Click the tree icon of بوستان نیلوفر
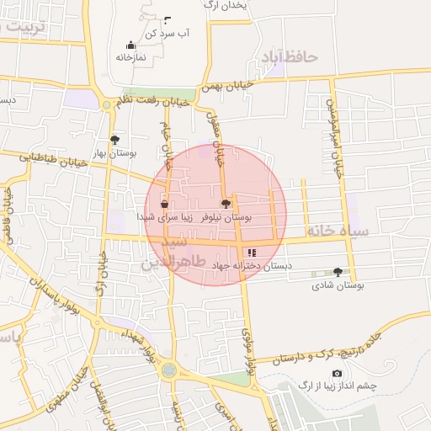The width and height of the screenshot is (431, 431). pos(225,203)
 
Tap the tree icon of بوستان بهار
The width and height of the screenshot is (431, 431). pos(114,140)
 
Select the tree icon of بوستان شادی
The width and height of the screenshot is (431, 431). pos(338,272)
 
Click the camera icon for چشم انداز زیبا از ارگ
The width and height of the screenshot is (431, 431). pos(337,373)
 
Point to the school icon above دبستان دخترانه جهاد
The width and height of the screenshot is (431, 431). pos(250,253)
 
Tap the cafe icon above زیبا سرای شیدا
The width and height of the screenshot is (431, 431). pos(164,204)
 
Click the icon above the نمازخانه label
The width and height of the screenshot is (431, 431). pos(130,45)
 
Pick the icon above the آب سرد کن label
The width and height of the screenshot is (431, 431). pos(167,19)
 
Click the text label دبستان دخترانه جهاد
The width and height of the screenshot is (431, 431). pos(252,265)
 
